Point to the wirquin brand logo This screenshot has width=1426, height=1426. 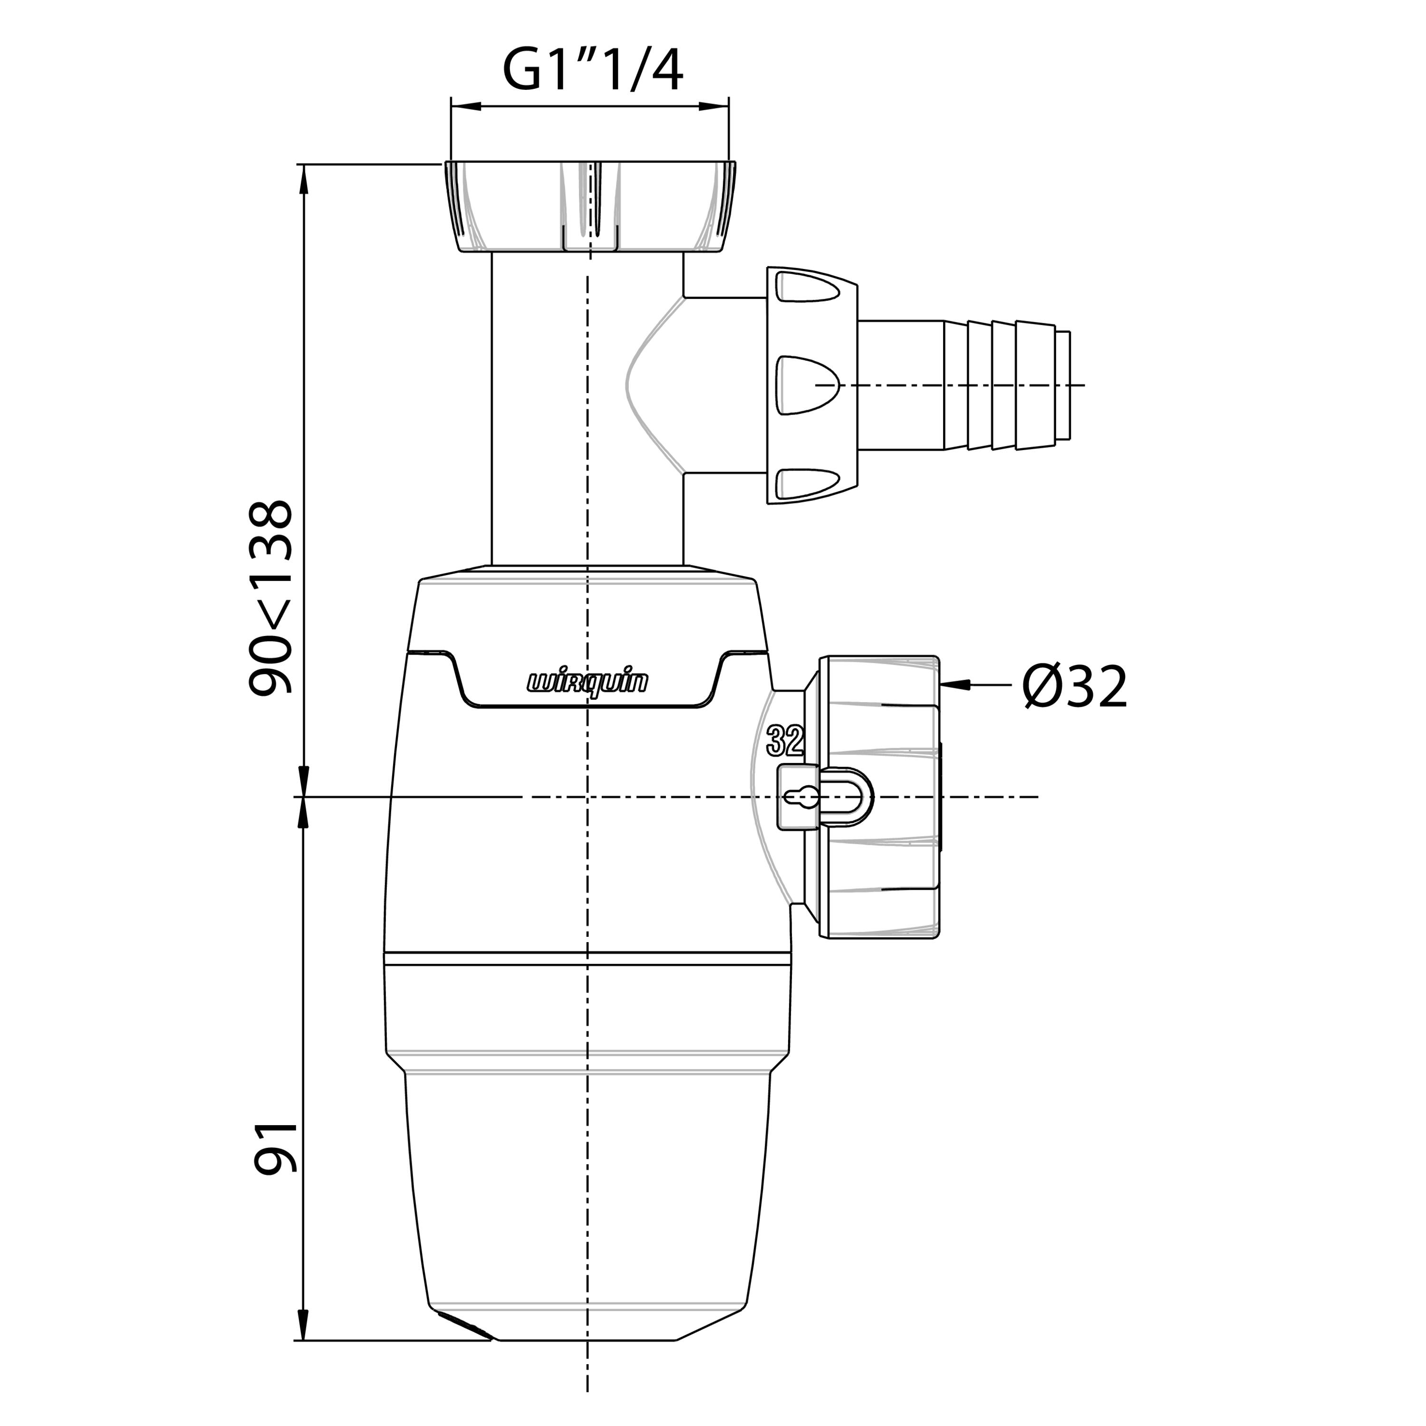[588, 682]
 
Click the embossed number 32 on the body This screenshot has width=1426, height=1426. [785, 740]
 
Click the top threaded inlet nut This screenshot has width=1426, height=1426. [590, 207]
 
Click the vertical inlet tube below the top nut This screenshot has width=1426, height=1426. [588, 410]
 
